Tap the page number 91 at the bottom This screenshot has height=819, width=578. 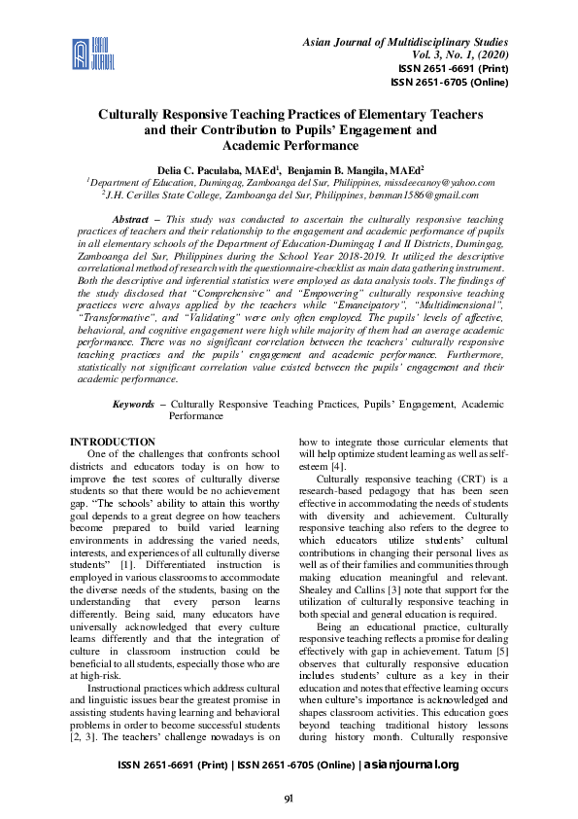coord(289,799)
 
